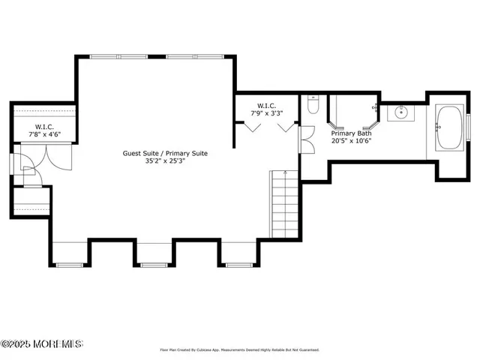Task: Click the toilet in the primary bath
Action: [313, 106]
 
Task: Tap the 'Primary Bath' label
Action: [352, 133]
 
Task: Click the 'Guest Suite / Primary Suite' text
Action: [165, 153]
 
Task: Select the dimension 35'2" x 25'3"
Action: [165, 160]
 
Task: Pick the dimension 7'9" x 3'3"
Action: [266, 114]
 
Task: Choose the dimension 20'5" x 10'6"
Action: [352, 140]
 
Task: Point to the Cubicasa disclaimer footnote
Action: [240, 349]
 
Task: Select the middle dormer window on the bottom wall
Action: [153, 265]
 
